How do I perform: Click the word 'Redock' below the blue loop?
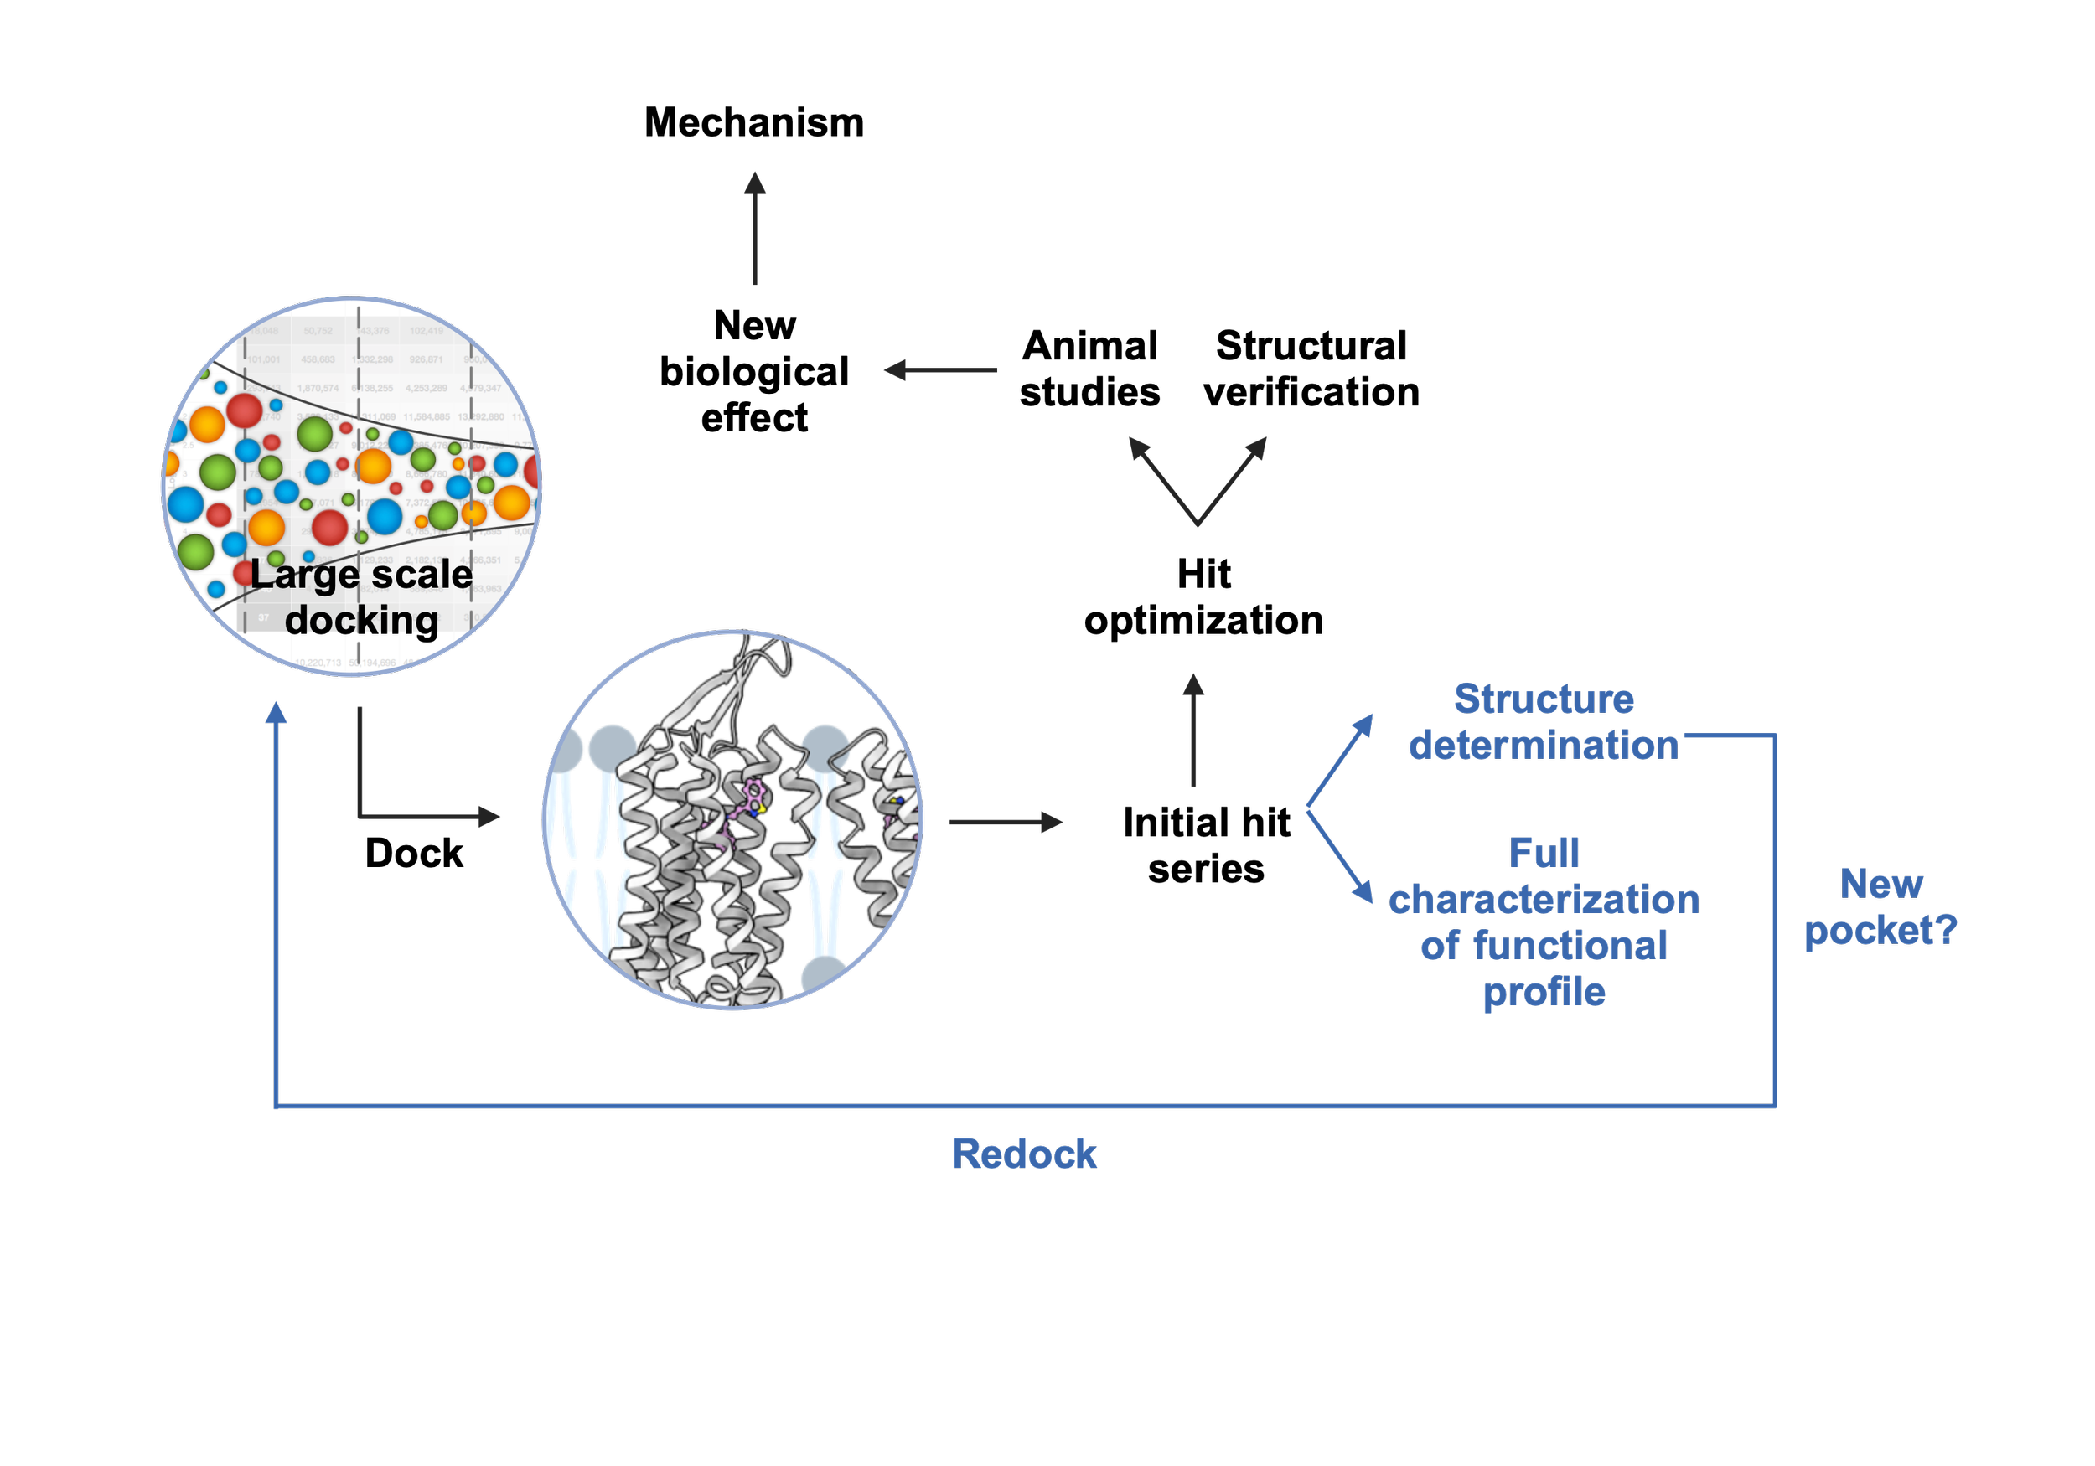[1024, 1154]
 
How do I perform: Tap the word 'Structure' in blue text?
[1543, 699]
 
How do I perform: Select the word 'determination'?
[1543, 746]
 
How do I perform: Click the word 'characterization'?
[1543, 901]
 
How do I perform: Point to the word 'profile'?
[1544, 993]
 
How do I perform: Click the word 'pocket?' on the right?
[1880, 931]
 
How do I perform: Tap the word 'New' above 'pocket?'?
[1881, 884]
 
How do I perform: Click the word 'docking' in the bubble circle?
[361, 621]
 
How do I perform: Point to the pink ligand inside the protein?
[753, 793]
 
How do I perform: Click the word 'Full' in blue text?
[1543, 853]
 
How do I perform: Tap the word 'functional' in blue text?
[1570, 946]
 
